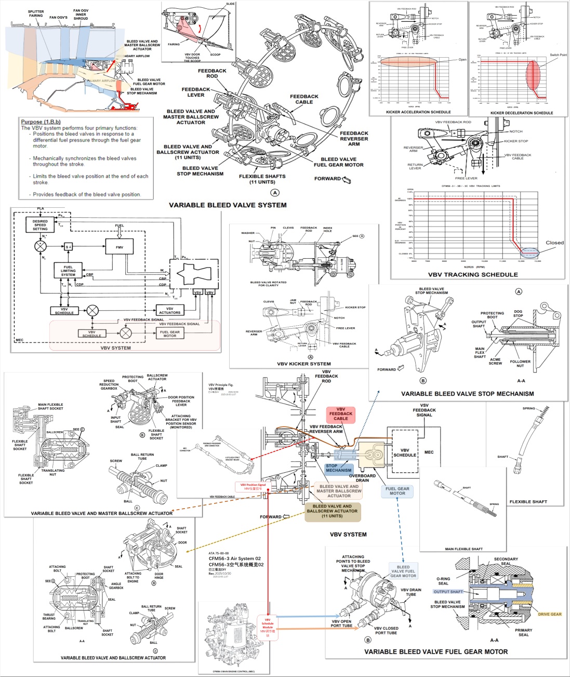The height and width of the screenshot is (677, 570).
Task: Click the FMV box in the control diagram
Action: tap(120, 247)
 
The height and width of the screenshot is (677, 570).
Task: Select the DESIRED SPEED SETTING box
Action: tap(40, 225)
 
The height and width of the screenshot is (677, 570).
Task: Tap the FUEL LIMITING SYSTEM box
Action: tap(68, 271)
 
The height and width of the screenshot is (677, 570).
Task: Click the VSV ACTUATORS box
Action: tap(170, 310)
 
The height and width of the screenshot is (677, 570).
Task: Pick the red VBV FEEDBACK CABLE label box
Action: tap(340, 414)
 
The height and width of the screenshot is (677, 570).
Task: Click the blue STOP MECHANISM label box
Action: tap(338, 468)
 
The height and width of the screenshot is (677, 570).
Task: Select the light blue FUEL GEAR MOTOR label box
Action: tap(397, 490)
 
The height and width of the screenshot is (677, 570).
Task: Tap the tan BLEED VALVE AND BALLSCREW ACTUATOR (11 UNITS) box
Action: tap(332, 511)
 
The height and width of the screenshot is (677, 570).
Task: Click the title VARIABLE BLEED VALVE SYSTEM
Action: tap(228, 205)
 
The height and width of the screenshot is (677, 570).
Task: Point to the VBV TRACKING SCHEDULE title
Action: tap(473, 274)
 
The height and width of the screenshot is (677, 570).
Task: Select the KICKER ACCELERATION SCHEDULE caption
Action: tap(418, 112)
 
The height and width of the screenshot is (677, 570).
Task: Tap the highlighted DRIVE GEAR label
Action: tap(549, 614)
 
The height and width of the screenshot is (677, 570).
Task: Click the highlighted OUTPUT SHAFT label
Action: tap(448, 591)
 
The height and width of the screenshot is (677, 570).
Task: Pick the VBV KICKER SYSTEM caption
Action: tap(304, 364)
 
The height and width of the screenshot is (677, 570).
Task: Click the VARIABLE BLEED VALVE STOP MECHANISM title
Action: tap(467, 394)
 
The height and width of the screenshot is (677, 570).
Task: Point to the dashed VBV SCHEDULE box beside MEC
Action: tap(404, 452)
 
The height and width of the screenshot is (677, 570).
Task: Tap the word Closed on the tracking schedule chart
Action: tap(554, 243)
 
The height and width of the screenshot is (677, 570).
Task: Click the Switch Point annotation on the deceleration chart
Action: tap(558, 55)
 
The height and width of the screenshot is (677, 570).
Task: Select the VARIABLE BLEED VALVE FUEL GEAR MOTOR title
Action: tap(436, 652)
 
